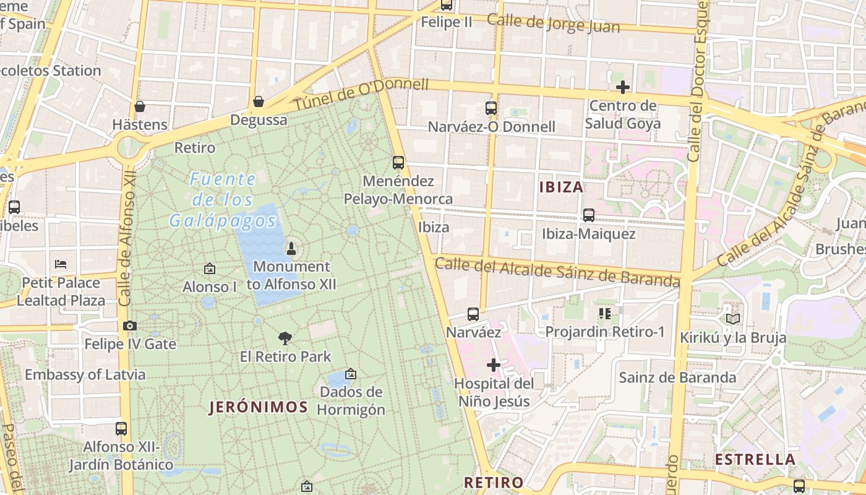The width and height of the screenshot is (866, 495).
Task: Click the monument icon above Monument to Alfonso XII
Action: tap(291, 249)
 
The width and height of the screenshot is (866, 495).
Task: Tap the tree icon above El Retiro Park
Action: tap(285, 338)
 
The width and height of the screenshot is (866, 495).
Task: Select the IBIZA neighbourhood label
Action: tap(561, 187)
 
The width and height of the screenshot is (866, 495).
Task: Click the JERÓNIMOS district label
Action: tap(258, 407)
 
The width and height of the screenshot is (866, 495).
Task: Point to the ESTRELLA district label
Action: tap(755, 460)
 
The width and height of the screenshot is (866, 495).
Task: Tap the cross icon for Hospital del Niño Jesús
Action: tap(493, 365)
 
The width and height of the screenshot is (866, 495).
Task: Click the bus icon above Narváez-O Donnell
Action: tap(491, 108)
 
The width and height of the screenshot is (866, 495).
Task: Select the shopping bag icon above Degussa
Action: tap(259, 101)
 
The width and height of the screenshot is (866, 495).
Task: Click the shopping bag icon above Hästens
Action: tap(140, 106)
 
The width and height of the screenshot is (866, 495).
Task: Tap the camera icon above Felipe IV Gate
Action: tap(130, 325)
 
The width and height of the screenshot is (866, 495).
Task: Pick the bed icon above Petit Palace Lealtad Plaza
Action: tap(61, 264)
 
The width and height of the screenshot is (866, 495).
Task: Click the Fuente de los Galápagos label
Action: tap(223, 200)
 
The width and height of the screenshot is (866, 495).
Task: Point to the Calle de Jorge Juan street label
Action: tap(552, 23)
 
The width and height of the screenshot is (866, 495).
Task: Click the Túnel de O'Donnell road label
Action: tap(361, 94)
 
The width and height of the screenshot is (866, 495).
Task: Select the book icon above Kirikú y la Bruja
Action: tap(733, 319)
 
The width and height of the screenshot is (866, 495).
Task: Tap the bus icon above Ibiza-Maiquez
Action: tap(589, 215)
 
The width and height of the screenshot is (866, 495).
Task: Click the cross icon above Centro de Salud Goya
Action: tap(623, 87)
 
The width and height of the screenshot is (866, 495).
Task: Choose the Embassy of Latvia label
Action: tap(85, 374)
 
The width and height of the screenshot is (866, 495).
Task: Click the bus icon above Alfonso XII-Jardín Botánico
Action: tap(121, 428)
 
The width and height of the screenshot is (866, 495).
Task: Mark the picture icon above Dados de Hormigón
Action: tap(351, 374)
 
